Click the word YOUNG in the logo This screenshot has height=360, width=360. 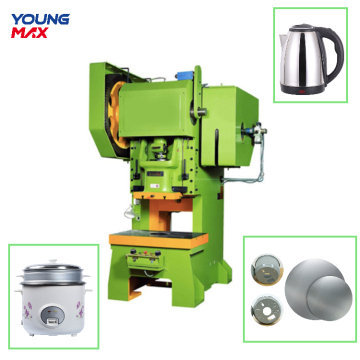pyautogui.click(x=40, y=20)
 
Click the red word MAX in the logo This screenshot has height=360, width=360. pyautogui.click(x=30, y=33)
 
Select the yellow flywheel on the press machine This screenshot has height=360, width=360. pyautogui.click(x=116, y=115)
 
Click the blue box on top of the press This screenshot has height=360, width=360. pyautogui.click(x=185, y=75)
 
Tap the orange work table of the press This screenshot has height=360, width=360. pyautogui.click(x=159, y=239)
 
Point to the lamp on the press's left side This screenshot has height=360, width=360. pyautogui.click(x=130, y=213)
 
